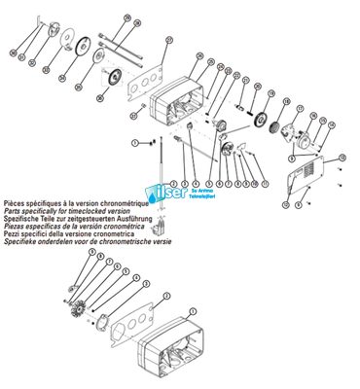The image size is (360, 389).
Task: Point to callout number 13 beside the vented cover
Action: (340, 159)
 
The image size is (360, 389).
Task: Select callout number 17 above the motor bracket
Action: (301, 110)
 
